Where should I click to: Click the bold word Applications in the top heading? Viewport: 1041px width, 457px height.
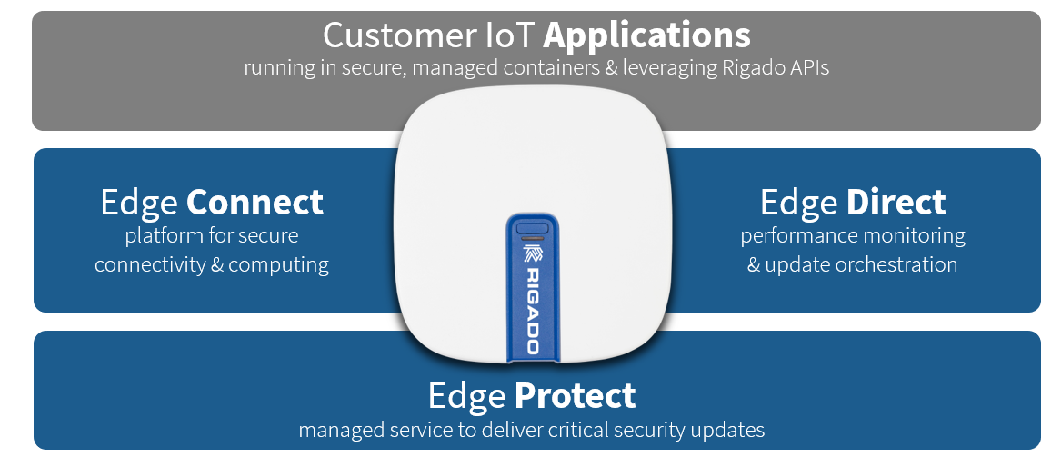click(x=647, y=35)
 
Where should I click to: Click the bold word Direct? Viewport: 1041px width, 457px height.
click(x=896, y=202)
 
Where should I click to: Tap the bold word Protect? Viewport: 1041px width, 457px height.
click(x=574, y=396)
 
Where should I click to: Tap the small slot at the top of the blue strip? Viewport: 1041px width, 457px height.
click(x=533, y=228)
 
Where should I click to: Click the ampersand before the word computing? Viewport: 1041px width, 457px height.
click(x=215, y=265)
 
